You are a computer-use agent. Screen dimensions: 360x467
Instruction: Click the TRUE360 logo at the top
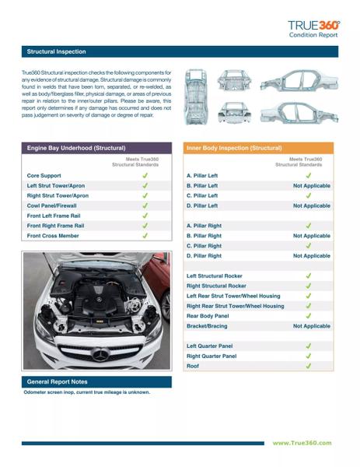(313, 26)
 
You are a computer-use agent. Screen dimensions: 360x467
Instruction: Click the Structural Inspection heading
(56, 51)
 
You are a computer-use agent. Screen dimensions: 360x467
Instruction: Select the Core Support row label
(44, 176)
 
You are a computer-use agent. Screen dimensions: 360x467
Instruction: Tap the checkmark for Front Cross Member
(145, 236)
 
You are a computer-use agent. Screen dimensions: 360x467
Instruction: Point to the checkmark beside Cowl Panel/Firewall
(145, 205)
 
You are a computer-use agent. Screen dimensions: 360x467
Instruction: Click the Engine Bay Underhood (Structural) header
(76, 148)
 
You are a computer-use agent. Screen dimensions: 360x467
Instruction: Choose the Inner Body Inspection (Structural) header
(234, 148)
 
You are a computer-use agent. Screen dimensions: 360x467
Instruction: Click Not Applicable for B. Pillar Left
(312, 185)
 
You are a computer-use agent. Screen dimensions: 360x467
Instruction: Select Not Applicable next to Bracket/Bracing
(312, 326)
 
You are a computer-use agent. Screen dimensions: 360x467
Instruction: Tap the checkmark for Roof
(309, 366)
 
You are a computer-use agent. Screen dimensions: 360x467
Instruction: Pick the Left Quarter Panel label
(209, 346)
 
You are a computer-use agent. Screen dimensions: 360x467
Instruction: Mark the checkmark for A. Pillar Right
(309, 226)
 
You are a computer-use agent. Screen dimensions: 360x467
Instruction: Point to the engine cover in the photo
(100, 300)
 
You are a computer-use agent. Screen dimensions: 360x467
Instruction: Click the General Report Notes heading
(57, 382)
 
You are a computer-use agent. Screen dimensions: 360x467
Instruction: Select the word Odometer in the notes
(35, 392)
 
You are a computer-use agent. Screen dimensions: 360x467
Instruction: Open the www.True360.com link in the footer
(302, 443)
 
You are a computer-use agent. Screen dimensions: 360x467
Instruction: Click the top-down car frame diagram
(196, 97)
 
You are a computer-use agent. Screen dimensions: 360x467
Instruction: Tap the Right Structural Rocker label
(216, 286)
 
